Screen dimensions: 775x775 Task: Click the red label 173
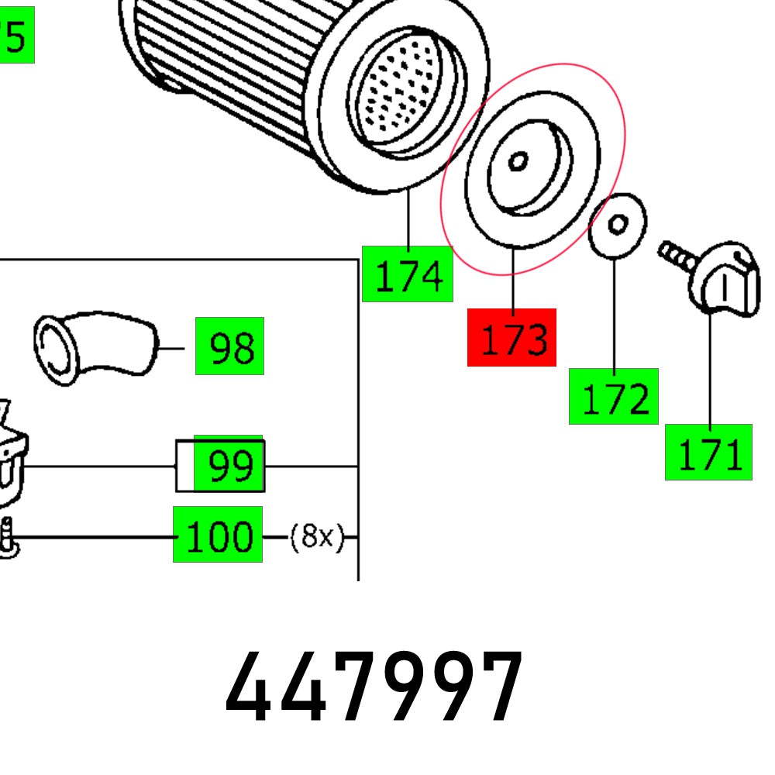[511, 337]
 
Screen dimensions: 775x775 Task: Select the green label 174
[408, 274]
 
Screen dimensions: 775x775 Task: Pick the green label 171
[708, 452]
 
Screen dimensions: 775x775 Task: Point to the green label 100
[218, 534]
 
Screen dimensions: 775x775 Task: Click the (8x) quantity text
[315, 536]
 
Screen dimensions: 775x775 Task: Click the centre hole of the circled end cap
[518, 161]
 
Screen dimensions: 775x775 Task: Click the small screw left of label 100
[8, 536]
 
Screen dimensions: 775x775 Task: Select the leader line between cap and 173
[513, 277]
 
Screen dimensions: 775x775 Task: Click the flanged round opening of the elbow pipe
[57, 349]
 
